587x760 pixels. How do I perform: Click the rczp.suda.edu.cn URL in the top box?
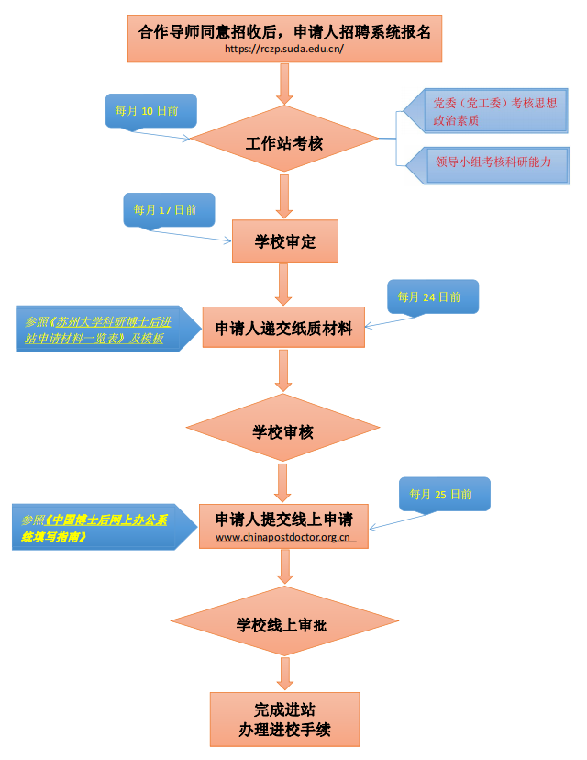[x=283, y=49]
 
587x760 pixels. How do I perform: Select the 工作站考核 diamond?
[x=283, y=144]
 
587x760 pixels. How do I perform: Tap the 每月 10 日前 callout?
[x=147, y=110]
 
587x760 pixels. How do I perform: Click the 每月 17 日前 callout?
[x=164, y=209]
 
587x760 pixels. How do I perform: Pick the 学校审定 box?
[x=284, y=241]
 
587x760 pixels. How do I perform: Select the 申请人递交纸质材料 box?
[x=283, y=327]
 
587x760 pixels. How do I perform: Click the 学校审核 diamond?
[x=283, y=430]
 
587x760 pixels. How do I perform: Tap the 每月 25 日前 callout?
[x=441, y=494]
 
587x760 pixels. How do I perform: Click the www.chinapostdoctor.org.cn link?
[x=284, y=538]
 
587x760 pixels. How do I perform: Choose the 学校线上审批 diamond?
[x=283, y=625]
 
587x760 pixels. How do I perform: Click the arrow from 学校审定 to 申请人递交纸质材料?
[x=284, y=283]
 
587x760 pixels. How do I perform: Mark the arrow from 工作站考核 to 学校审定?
[x=284, y=196]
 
